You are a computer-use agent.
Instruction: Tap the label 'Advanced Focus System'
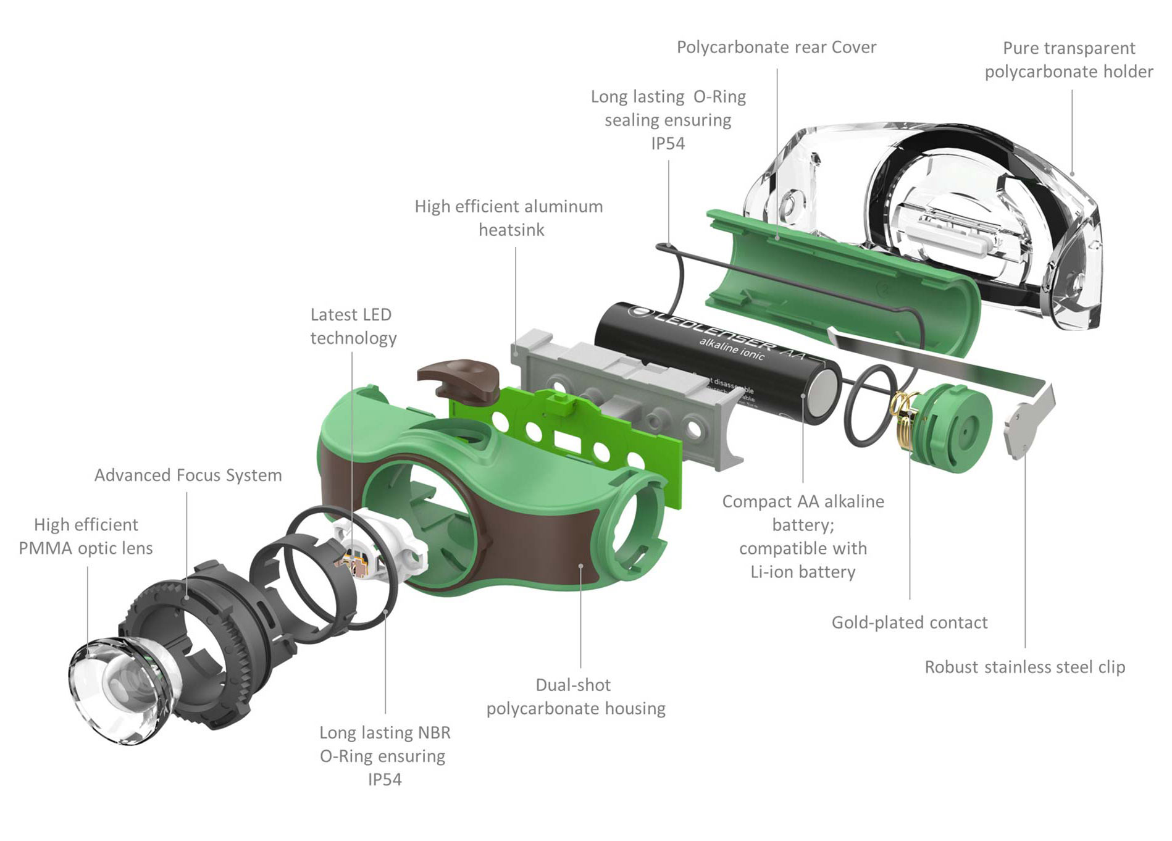pos(188,475)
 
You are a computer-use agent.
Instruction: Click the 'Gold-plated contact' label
pos(909,622)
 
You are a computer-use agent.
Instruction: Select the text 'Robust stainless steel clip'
pos(1024,667)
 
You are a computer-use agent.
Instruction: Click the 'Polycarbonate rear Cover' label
pos(776,48)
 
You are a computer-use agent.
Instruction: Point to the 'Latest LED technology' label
pos(353,326)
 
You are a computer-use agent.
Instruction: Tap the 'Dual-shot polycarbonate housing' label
pos(576,697)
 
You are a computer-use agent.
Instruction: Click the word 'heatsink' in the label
pos(511,230)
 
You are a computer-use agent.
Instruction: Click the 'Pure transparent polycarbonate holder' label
pos(1068,60)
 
